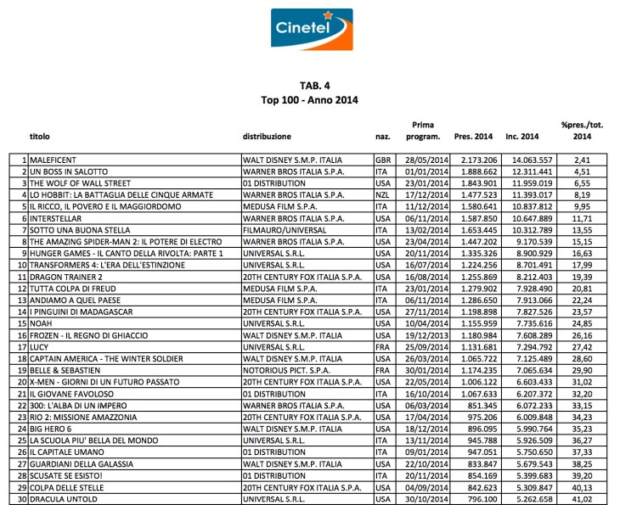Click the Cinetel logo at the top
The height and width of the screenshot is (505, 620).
point(309,31)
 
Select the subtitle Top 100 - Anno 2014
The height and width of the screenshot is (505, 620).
point(309,99)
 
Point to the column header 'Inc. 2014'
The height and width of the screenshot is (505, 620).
point(522,136)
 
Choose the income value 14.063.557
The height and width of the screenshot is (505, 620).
point(528,159)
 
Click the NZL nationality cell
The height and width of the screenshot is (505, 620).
point(382,194)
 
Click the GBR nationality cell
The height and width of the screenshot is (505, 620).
point(382,159)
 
